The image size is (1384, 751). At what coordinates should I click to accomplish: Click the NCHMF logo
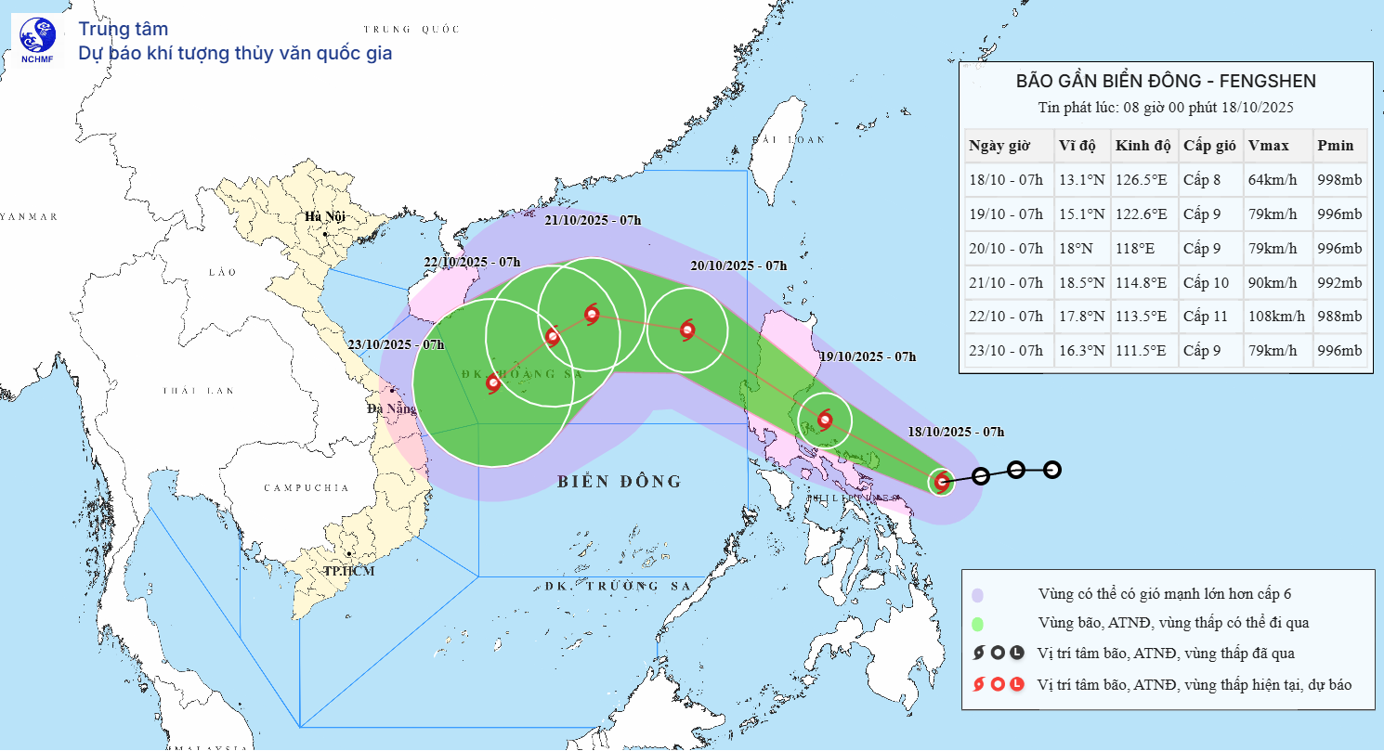click(x=37, y=41)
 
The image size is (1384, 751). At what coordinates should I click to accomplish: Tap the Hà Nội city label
click(x=324, y=217)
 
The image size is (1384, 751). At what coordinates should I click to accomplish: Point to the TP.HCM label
click(x=348, y=570)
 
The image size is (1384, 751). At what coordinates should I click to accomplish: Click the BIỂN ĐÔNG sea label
click(x=620, y=481)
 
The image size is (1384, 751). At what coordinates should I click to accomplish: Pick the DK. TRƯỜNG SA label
click(x=613, y=586)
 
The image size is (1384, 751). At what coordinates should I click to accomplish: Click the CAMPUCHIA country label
click(x=306, y=487)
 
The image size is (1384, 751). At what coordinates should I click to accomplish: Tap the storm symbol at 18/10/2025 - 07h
click(x=942, y=481)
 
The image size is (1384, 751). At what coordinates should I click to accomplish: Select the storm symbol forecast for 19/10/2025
click(x=825, y=420)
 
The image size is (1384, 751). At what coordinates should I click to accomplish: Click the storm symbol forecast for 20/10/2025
click(x=687, y=330)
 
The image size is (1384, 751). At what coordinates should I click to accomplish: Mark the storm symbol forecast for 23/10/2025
click(x=492, y=382)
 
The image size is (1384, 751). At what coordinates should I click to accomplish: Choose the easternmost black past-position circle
click(x=1051, y=470)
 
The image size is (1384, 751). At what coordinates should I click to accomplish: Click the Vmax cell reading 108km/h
click(x=1275, y=317)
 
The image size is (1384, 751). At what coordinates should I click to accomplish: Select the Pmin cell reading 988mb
click(x=1338, y=317)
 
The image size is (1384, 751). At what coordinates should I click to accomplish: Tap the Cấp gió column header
click(x=1209, y=146)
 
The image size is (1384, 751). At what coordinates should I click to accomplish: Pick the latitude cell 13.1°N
click(x=1081, y=180)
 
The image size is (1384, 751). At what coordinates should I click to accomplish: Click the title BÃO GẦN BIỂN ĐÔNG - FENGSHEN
click(x=1166, y=82)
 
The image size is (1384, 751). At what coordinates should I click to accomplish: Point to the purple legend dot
click(x=978, y=595)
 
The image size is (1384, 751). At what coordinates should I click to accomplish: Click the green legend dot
click(x=978, y=624)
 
